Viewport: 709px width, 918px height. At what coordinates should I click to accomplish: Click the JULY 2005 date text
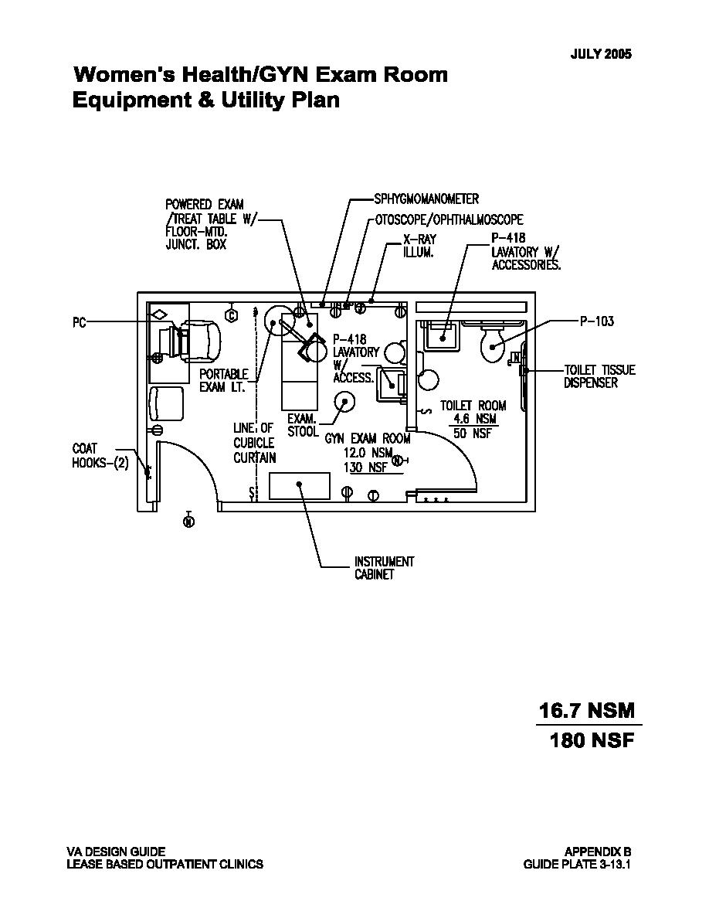(x=601, y=54)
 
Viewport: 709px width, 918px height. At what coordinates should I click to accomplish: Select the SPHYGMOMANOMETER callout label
(x=426, y=199)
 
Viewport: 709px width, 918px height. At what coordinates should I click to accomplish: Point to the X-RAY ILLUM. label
(x=419, y=246)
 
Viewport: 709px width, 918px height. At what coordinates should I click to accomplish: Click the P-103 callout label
(x=597, y=321)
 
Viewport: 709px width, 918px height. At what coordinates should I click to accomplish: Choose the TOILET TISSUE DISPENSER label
(x=599, y=376)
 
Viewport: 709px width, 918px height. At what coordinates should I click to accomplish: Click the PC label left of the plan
(x=79, y=322)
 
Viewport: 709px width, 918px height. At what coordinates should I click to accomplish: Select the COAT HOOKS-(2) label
(x=100, y=456)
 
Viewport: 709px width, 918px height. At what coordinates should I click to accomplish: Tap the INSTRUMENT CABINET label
(x=385, y=568)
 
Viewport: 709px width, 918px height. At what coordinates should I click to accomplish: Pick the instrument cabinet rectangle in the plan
(x=300, y=485)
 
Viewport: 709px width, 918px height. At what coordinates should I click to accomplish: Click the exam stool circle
(x=344, y=402)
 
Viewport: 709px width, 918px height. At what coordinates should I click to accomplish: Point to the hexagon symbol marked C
(x=232, y=315)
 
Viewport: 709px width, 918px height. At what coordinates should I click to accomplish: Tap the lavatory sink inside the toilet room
(x=443, y=335)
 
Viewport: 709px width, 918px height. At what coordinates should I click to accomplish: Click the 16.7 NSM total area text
(x=586, y=711)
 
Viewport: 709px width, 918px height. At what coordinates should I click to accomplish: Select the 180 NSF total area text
(x=592, y=740)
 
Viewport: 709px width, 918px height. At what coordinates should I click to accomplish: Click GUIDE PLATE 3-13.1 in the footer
(x=577, y=864)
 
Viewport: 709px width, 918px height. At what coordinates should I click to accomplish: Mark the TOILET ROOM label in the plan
(x=473, y=405)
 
